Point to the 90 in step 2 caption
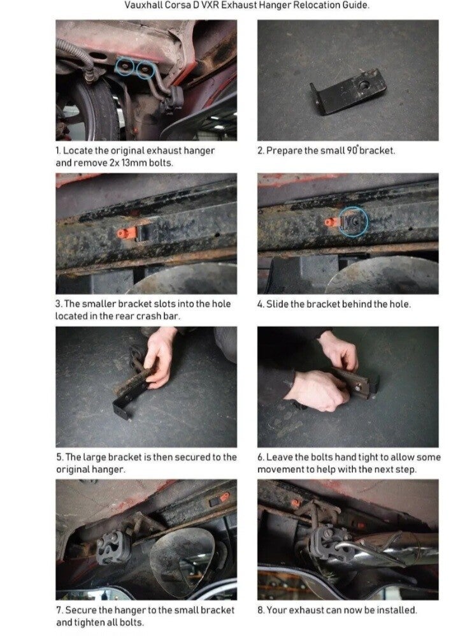352,150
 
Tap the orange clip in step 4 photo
331,222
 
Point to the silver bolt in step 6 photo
359,388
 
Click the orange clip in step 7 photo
224,496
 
